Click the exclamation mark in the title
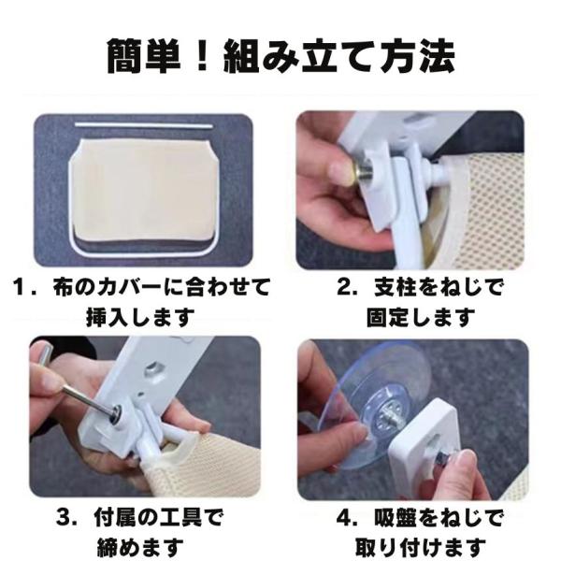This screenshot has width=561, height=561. [x=203, y=56]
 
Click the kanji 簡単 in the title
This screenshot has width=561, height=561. [x=144, y=56]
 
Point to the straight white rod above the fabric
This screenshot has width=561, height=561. [x=143, y=125]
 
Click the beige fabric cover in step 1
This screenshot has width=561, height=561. [x=145, y=191]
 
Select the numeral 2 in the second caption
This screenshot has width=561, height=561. [x=344, y=287]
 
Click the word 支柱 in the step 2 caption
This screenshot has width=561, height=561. [x=393, y=287]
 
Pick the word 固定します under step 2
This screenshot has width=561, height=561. [x=421, y=317]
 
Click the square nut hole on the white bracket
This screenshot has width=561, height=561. [x=155, y=369]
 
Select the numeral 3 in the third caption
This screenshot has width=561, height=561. [x=64, y=518]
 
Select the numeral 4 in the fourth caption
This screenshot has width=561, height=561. [x=344, y=518]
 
